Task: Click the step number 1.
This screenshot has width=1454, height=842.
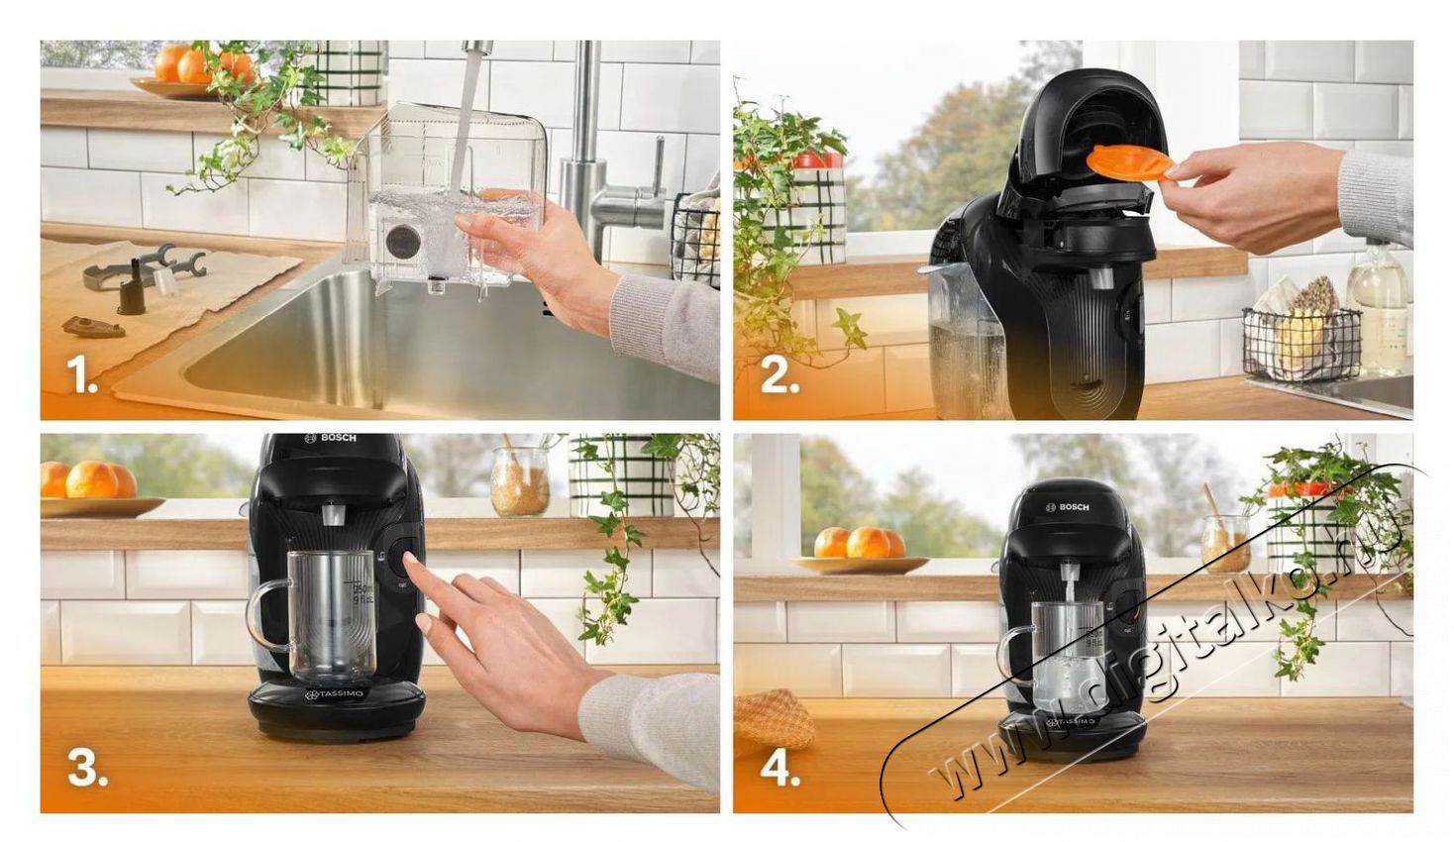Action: (x=81, y=376)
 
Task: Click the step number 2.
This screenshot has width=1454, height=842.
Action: (x=779, y=376)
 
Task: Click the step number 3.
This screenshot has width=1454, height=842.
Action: (x=86, y=768)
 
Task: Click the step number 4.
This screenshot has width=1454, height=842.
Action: (x=779, y=769)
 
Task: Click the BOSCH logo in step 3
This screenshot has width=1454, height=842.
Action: (x=331, y=438)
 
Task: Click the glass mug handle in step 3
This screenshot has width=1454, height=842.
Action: (x=263, y=615)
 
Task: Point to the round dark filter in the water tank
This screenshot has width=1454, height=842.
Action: (x=402, y=241)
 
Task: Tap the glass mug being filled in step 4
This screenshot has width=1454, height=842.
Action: (x=1065, y=654)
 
